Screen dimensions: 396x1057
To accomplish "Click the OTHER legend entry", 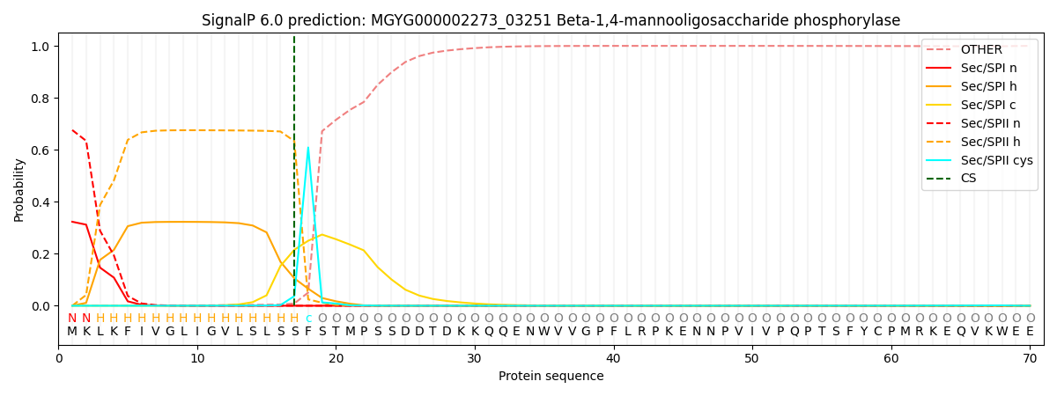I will (981, 50).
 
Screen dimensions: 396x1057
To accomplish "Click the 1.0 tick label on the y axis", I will (41, 46).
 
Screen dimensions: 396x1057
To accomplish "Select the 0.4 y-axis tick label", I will (41, 202).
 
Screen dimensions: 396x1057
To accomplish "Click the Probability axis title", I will (19, 189).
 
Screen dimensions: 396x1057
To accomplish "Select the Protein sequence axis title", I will (551, 377).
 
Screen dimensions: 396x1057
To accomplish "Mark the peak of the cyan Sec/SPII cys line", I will (308, 148).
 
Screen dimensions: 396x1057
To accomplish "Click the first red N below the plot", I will (72, 319).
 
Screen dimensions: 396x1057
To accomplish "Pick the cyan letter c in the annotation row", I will (308, 319).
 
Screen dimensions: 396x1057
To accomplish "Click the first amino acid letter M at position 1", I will (72, 332).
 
